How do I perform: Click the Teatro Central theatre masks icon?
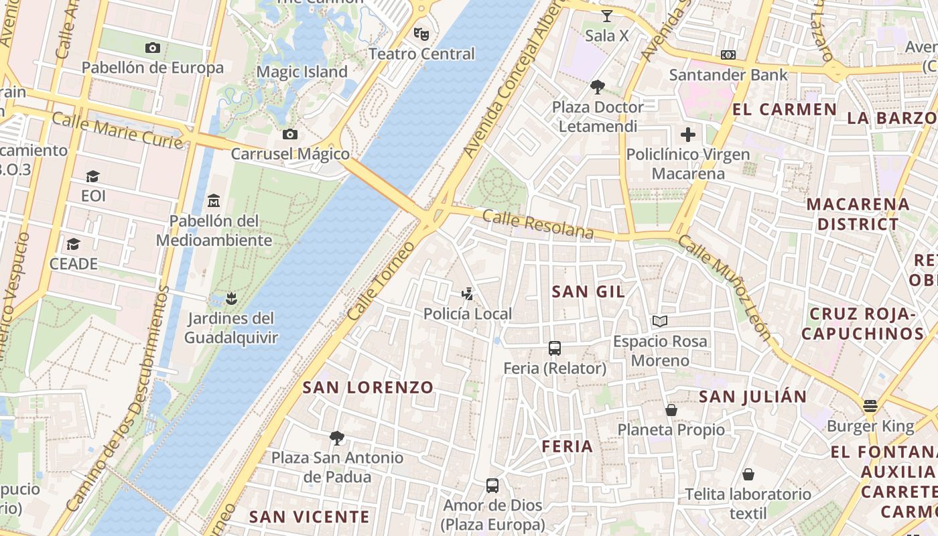click(421, 33)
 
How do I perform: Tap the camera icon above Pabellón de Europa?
click(153, 48)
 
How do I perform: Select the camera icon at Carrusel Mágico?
click(290, 134)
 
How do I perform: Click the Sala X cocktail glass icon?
click(607, 15)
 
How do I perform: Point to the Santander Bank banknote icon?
click(728, 55)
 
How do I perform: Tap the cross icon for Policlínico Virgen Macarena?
click(688, 135)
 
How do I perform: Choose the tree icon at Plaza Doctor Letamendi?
click(597, 86)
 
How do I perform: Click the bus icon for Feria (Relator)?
click(555, 348)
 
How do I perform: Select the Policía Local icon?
click(468, 293)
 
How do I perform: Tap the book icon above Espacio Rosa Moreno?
click(660, 322)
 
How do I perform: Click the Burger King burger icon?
click(870, 405)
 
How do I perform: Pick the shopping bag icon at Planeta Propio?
click(671, 409)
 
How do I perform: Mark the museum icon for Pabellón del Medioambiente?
click(214, 200)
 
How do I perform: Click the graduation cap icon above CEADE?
click(74, 244)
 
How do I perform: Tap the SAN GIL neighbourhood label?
click(588, 291)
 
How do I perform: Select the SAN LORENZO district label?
click(368, 387)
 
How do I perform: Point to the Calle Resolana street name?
click(537, 224)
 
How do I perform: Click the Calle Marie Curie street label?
click(117, 131)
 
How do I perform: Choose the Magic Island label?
click(302, 72)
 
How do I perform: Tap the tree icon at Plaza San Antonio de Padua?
click(337, 438)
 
